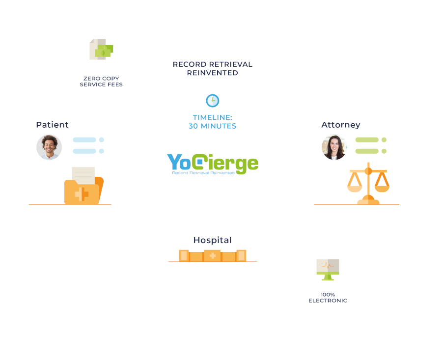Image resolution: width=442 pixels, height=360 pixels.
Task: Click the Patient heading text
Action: [x=52, y=125]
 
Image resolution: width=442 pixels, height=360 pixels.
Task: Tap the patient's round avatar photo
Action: [x=49, y=147]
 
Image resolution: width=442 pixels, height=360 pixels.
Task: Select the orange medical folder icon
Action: [x=83, y=187]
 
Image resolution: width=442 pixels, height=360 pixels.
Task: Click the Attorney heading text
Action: [x=341, y=125]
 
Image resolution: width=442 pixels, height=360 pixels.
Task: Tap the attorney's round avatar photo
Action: [x=334, y=147]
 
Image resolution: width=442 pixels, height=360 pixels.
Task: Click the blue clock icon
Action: [x=212, y=101]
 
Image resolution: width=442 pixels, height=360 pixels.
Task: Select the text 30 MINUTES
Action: [x=212, y=126]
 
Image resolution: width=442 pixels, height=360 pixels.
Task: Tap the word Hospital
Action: [x=212, y=240]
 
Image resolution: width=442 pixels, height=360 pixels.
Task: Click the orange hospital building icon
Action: [x=212, y=255]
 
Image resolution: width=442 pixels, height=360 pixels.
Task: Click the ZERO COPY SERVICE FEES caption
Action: [x=101, y=82]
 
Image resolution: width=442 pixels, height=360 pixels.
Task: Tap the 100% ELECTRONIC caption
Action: [x=328, y=298]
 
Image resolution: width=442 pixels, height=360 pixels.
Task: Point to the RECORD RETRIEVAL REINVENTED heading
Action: [x=212, y=69]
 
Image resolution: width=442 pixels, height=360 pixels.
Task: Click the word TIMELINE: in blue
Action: [x=212, y=117]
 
